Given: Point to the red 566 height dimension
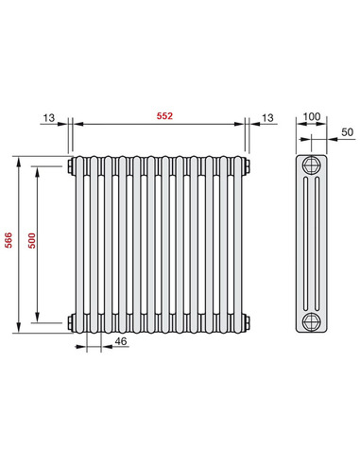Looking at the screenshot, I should pyautogui.click(x=9, y=243).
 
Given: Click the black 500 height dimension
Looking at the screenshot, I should pyautogui.click(x=30, y=243).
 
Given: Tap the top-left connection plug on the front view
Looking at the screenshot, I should pyautogui.click(x=71, y=166).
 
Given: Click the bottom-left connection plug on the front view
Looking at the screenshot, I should pyautogui.click(x=71, y=319).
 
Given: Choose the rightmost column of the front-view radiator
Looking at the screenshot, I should pyautogui.click(x=236, y=243).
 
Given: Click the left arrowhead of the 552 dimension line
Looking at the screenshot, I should pyautogui.click(x=77, y=123).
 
